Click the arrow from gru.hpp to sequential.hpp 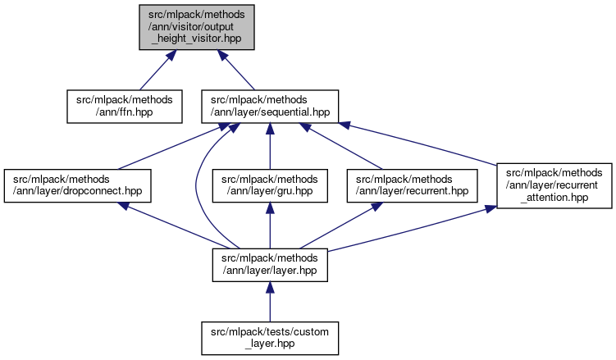click(x=271, y=148)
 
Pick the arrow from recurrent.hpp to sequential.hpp click(x=345, y=148)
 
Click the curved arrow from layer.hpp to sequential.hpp click(x=197, y=189)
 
